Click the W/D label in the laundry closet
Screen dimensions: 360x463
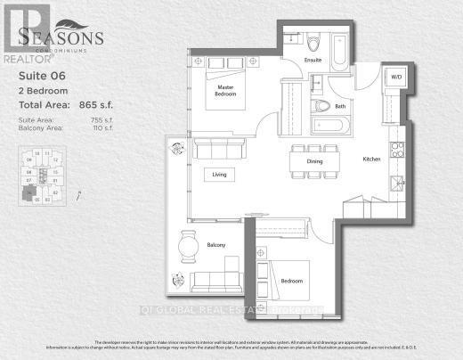coord(395,77)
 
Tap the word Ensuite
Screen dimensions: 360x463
coord(312,61)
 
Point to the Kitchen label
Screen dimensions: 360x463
coord(371,159)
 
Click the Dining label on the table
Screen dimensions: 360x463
coord(314,161)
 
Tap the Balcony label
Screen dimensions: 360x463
coord(216,245)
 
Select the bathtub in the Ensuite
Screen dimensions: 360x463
coord(340,51)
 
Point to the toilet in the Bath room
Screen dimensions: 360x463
coord(321,106)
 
